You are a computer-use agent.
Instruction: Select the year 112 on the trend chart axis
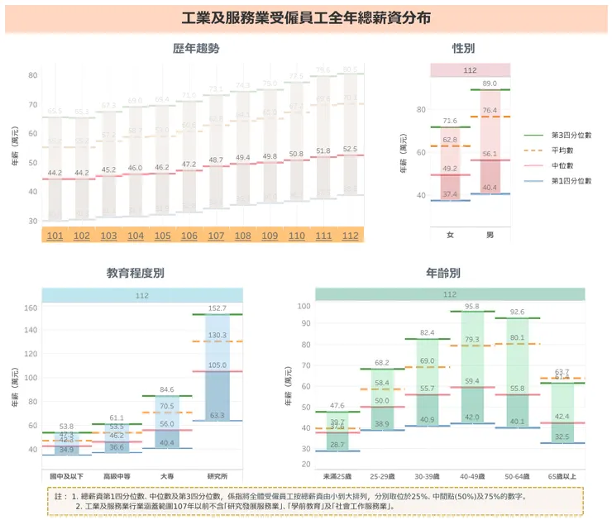click(x=351, y=236)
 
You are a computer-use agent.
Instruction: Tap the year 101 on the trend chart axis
click(x=55, y=236)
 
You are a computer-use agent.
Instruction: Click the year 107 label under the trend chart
click(x=216, y=236)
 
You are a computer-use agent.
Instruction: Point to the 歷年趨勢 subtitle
click(x=196, y=49)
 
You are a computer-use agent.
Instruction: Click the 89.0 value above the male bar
click(x=490, y=83)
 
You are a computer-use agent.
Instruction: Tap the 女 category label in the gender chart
click(x=450, y=235)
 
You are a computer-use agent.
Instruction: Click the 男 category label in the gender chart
click(x=490, y=235)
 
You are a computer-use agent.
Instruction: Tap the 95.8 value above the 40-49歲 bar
click(x=471, y=306)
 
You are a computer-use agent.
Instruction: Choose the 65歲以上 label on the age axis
click(x=562, y=477)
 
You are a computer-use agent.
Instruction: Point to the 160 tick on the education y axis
click(x=31, y=308)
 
